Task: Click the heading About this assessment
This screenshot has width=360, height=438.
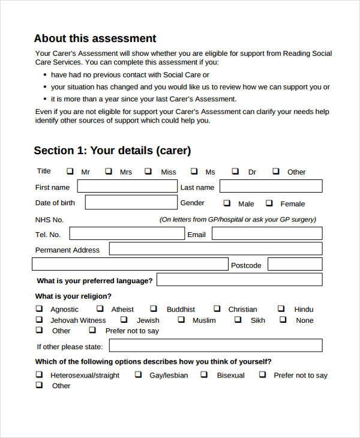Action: coord(95,38)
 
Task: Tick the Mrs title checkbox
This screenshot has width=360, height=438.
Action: coord(109,171)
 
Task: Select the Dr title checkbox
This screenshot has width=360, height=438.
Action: coord(235,171)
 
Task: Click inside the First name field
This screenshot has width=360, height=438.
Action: coord(127,187)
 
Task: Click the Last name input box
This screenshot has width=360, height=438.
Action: coord(271,187)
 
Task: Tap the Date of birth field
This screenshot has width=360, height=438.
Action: coord(131,202)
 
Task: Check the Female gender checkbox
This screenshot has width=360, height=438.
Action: coord(269,203)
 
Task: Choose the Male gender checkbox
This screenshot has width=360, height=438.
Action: coord(227,203)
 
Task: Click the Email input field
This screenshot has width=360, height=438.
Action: coord(266,233)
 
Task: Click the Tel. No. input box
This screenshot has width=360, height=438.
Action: coord(126,233)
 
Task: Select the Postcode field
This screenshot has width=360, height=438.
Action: coord(295,264)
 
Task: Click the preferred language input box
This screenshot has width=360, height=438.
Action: coord(239,280)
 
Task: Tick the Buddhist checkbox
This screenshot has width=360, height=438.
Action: coord(154,308)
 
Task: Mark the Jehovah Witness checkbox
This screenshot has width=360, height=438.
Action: coord(39,319)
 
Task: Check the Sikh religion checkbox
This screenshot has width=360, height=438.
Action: coord(238,319)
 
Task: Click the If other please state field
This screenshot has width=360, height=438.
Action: coord(215,346)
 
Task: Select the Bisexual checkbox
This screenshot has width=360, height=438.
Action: coord(204,374)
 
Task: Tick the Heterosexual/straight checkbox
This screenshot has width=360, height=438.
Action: coord(39,374)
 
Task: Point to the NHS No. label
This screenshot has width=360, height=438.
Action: coord(49,220)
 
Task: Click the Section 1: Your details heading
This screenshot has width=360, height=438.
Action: coord(112,151)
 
